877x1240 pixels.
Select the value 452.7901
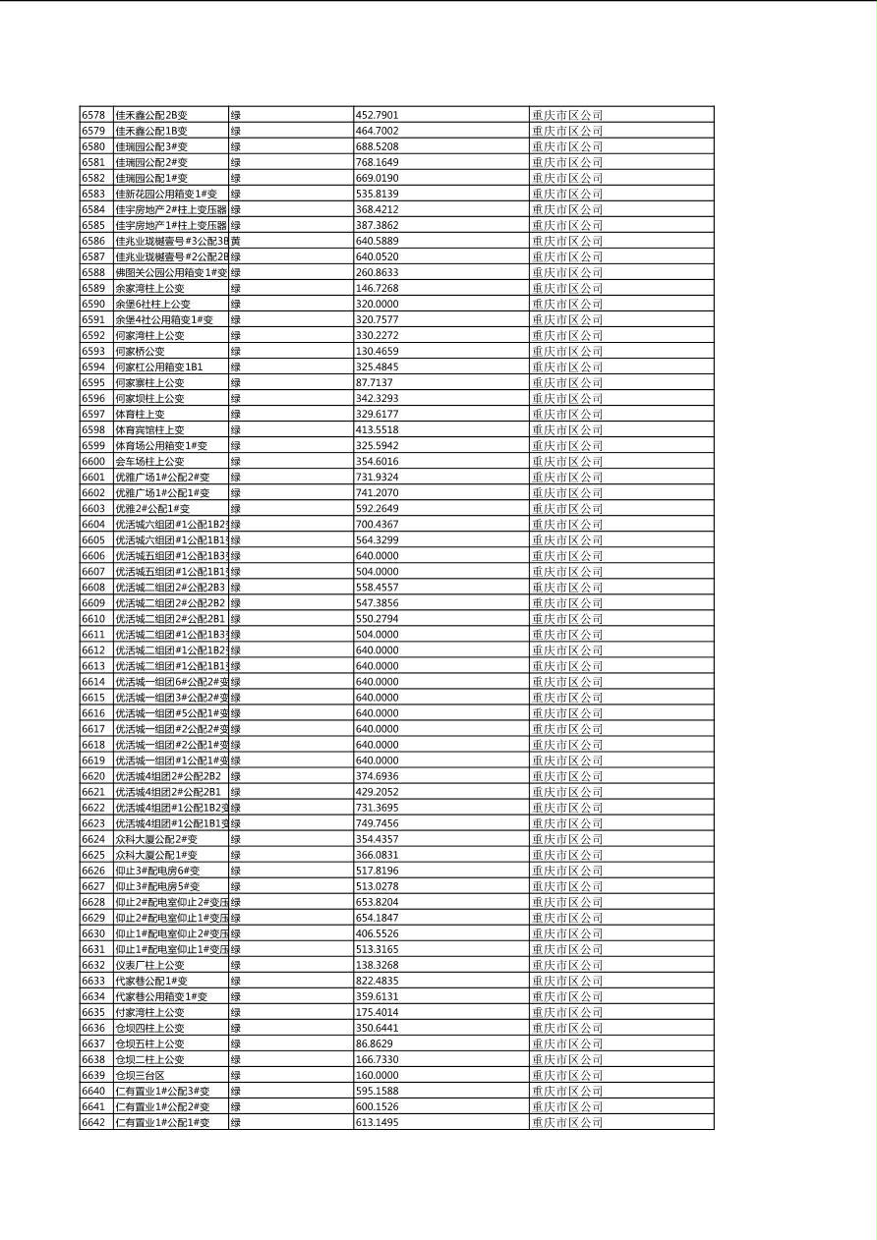377,115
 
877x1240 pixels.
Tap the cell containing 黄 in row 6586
236,241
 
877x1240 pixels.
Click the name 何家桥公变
140,351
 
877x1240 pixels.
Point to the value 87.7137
374,382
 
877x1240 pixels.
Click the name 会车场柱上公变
149,461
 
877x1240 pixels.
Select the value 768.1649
377,162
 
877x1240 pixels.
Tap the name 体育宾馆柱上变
149,429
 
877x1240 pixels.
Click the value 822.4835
377,981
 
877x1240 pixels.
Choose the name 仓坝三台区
140,1075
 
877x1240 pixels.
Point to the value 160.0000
377,1075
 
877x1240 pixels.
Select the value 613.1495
377,1122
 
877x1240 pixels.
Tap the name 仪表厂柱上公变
149,965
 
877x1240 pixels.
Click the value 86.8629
374,1043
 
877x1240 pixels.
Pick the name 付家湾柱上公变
149,1012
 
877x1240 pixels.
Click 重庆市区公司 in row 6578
567,115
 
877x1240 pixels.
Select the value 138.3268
377,965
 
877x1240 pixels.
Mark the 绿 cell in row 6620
236,776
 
